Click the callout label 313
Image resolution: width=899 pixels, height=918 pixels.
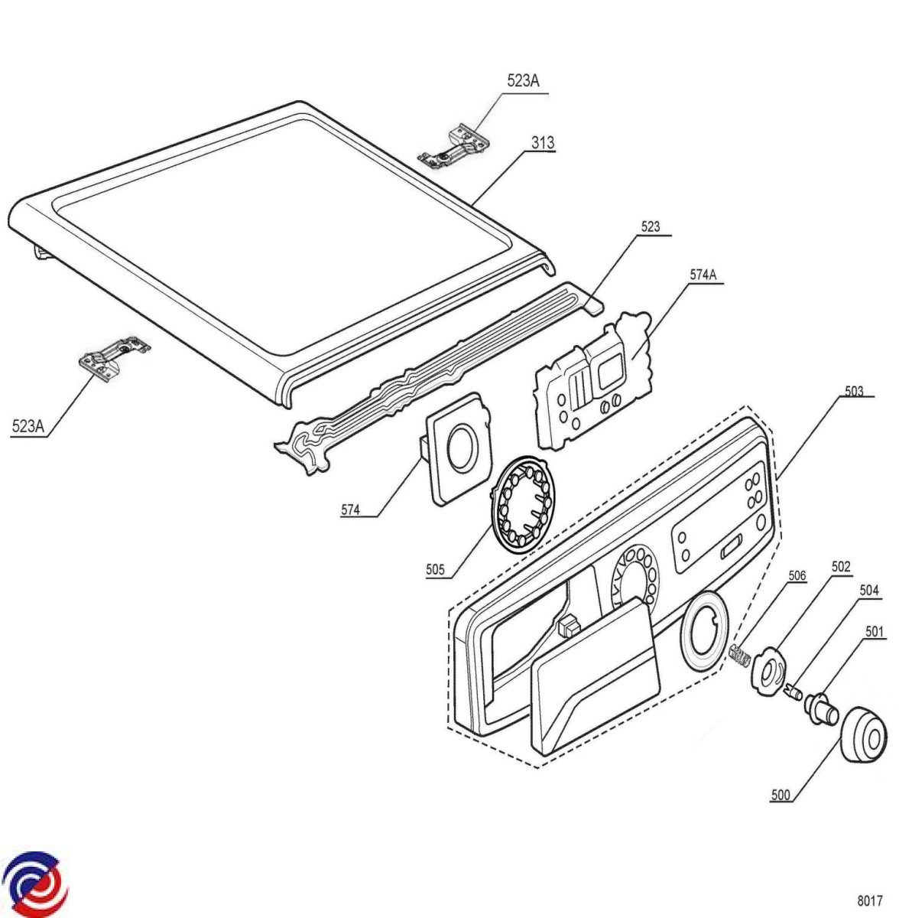[x=542, y=142]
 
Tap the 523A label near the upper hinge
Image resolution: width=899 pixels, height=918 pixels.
[x=523, y=81]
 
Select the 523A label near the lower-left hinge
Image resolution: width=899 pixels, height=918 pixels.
[x=28, y=426]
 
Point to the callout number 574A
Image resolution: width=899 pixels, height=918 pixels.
[x=703, y=275]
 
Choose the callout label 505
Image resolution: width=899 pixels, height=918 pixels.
[x=435, y=569]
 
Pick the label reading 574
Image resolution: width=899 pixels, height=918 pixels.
[x=350, y=509]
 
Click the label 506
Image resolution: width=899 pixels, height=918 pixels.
[x=797, y=576]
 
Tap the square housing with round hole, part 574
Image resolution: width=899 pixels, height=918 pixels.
[x=459, y=447]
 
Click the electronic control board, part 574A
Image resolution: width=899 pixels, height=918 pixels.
[x=593, y=381]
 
